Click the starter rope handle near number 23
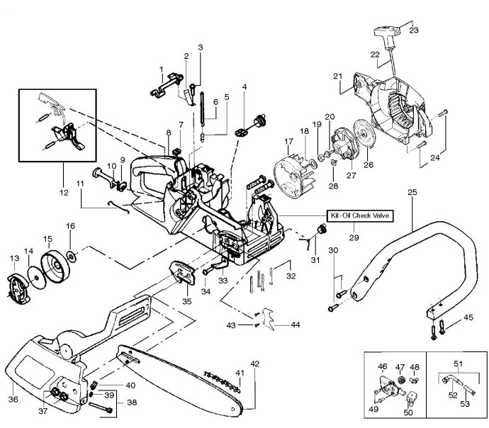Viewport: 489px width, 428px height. tap(387, 34)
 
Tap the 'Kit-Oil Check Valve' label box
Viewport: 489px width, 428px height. tap(360, 215)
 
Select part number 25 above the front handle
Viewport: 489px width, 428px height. tap(412, 192)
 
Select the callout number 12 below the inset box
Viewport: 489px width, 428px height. tap(64, 193)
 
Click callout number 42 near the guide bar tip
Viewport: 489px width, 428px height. tap(255, 364)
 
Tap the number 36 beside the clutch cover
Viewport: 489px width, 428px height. tap(13, 399)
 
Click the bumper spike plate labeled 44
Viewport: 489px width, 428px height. tap(268, 319)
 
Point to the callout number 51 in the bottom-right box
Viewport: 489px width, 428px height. tap(458, 364)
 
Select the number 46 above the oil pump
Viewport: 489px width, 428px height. tap(383, 366)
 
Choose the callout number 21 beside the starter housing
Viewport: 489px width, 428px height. tap(338, 76)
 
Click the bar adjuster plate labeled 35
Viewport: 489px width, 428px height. tap(183, 273)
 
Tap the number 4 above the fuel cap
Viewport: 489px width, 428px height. tap(244, 86)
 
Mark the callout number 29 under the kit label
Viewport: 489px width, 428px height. tap(354, 237)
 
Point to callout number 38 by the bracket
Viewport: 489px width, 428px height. tap(132, 402)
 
